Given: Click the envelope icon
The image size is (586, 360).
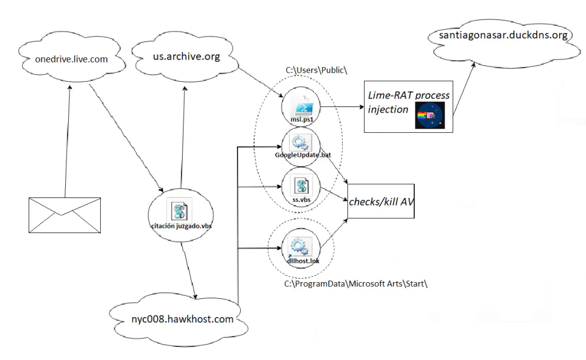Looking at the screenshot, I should coord(65,215).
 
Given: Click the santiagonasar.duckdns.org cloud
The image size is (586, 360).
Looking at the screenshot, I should coord(503,36).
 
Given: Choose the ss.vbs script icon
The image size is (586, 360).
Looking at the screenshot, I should coord(300,186).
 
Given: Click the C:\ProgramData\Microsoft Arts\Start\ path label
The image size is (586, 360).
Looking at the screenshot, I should coord(355,284).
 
